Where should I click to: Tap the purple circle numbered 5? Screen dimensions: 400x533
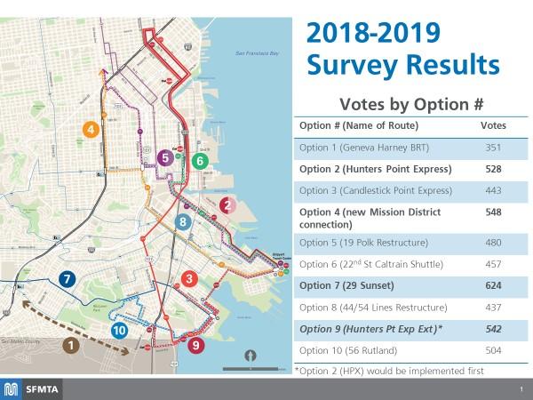[164, 158]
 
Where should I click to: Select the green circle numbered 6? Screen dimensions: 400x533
[201, 161]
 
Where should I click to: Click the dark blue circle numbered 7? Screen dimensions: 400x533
[66, 279]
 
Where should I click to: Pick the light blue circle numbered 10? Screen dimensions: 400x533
[120, 330]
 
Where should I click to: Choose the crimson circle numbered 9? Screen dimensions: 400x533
[196, 343]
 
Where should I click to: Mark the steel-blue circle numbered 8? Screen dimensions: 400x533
[183, 221]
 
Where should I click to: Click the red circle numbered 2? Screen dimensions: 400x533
[227, 205]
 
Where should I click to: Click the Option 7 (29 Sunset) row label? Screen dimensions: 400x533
[354, 286]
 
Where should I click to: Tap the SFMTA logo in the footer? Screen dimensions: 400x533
[33, 388]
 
